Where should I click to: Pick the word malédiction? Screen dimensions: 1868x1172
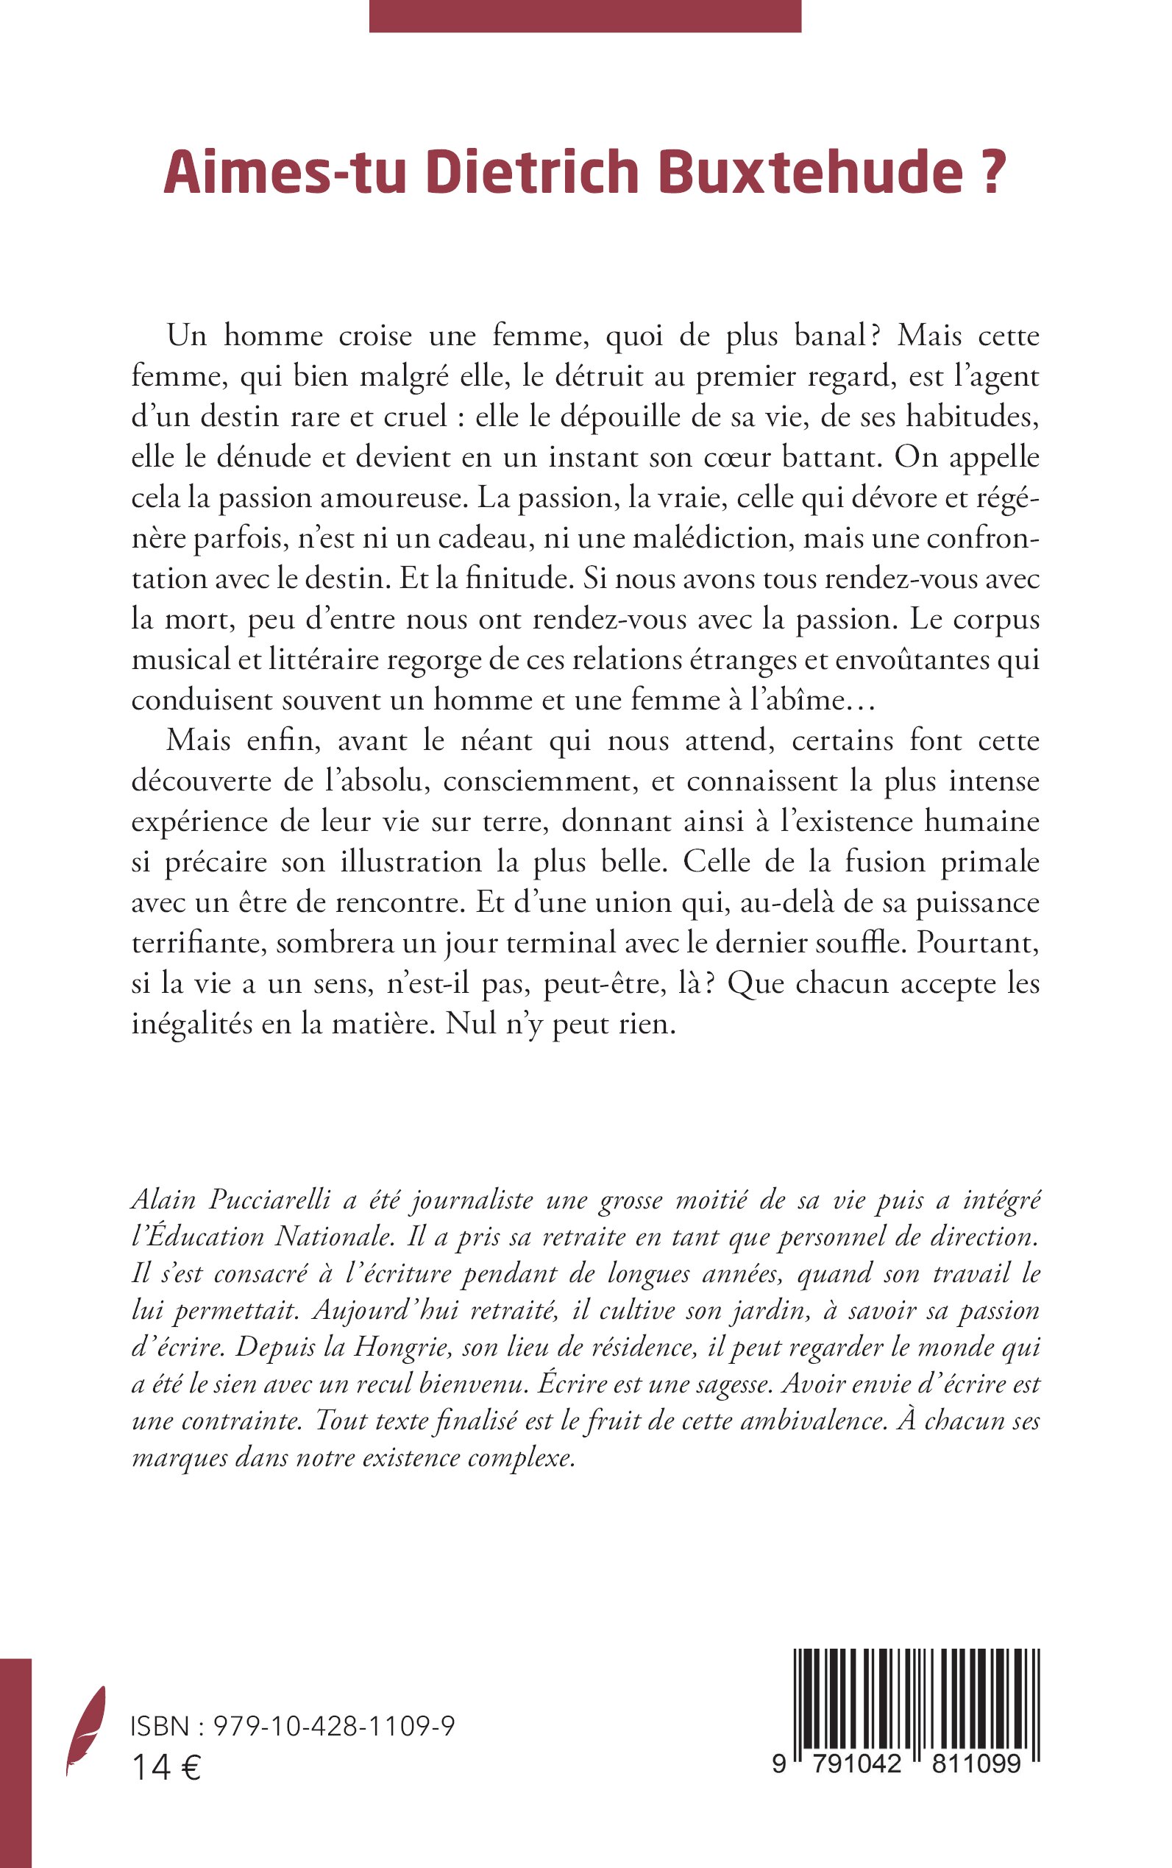point(712,537)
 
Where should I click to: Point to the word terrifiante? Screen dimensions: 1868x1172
point(197,942)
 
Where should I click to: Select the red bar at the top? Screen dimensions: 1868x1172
point(584,15)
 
